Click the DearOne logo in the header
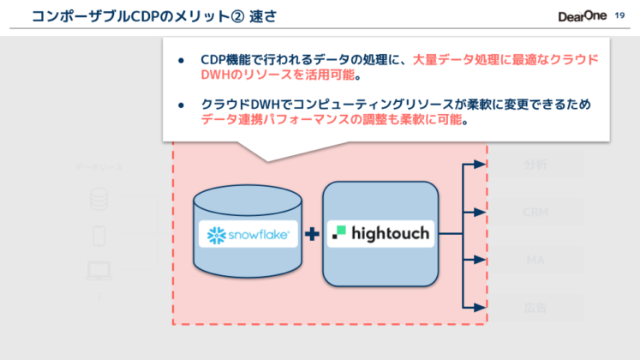581,16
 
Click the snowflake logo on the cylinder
248,233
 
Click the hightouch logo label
380,233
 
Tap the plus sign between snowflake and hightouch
313,233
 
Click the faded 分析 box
535,165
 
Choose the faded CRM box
535,211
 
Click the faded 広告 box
535,306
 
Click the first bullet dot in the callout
182,61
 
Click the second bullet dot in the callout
182,105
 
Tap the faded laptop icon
99,272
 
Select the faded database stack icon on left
99,198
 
